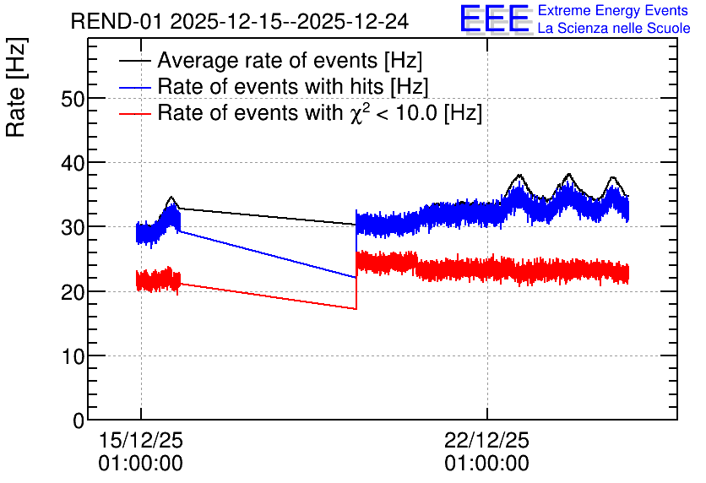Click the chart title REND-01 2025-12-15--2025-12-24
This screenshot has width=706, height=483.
(240, 21)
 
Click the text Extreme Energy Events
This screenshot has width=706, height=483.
(613, 10)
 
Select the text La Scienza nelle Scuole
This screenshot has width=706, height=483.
(614, 28)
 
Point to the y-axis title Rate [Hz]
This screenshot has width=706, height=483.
(16, 87)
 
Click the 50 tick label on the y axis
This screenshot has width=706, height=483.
(73, 99)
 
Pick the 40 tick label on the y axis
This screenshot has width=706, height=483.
(73, 163)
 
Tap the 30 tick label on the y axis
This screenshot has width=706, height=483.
(73, 227)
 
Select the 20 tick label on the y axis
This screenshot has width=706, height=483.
(73, 291)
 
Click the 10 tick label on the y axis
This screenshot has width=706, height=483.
(73, 356)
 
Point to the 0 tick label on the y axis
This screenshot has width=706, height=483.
(79, 421)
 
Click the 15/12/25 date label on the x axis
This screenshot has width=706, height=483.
(141, 440)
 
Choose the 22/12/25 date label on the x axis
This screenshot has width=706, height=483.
(486, 440)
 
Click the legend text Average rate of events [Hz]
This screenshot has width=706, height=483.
(290, 60)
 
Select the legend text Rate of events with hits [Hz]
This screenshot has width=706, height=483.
(293, 86)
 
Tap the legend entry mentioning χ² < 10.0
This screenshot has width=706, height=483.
(320, 112)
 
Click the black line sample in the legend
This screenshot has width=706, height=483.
(134, 61)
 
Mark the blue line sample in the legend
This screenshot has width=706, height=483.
(134, 87)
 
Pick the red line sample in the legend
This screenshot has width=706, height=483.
(134, 113)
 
